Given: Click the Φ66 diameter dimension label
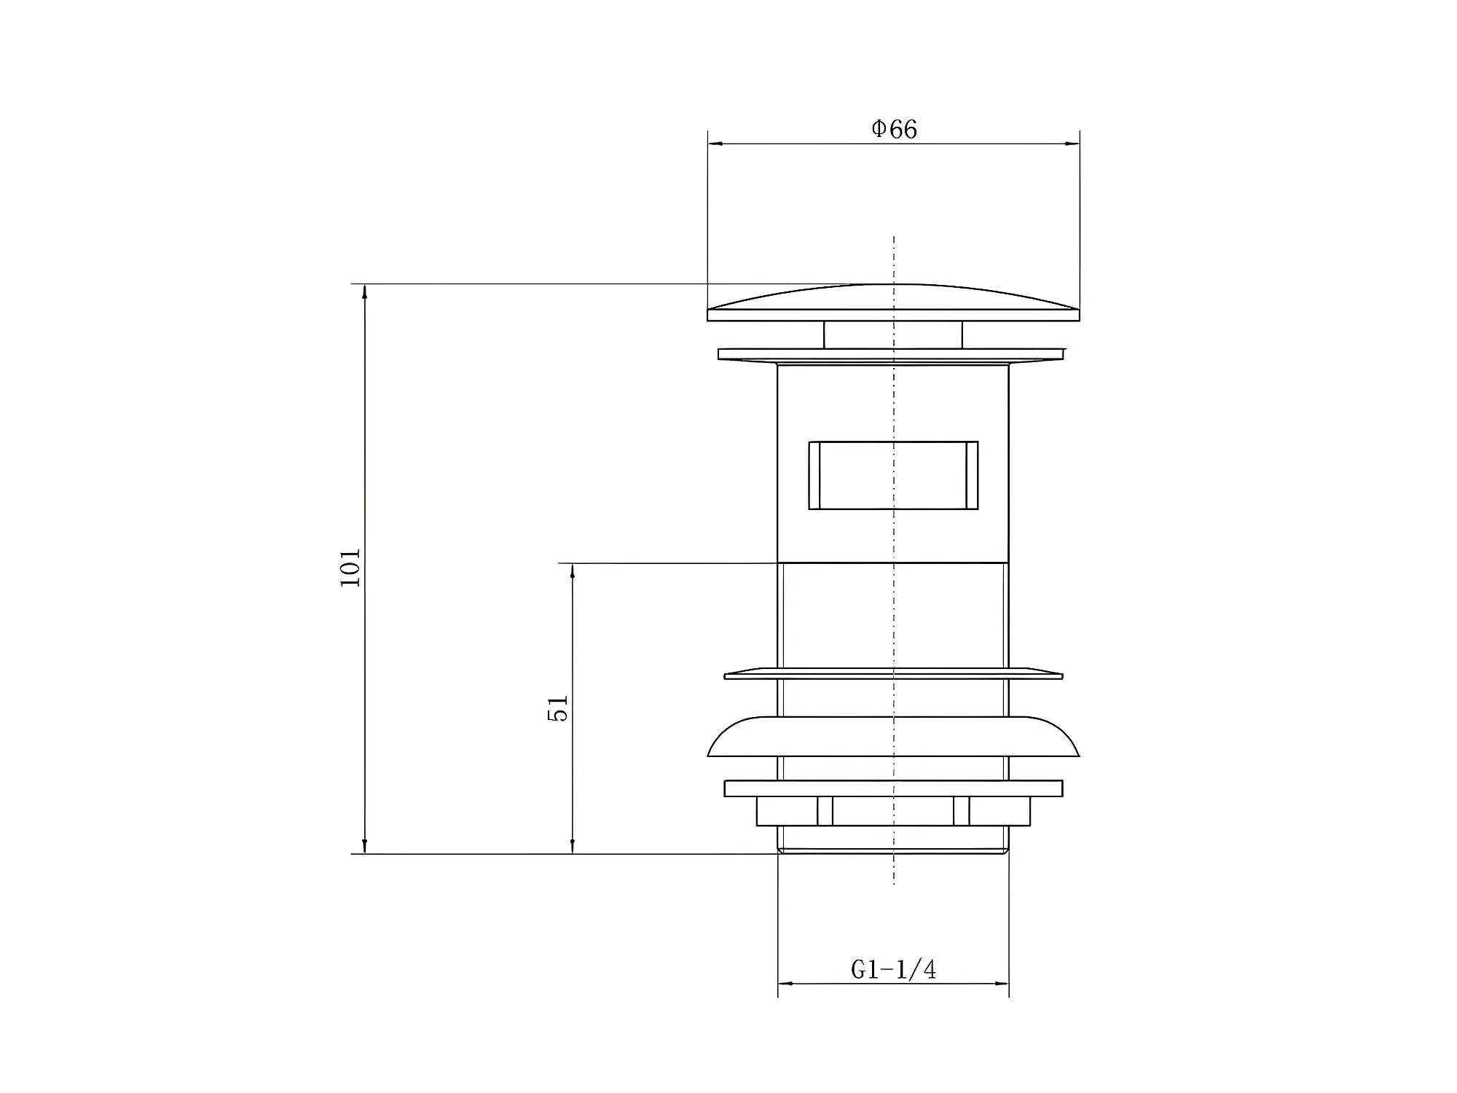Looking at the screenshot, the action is point(894,129).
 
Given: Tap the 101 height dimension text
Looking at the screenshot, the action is point(350,568).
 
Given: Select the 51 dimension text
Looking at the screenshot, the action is point(557,708).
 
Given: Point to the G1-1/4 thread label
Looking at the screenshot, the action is point(893,969).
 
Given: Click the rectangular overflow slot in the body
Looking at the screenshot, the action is point(893,475).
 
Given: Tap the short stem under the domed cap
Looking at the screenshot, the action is point(893,335).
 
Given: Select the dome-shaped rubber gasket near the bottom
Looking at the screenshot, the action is point(893,737).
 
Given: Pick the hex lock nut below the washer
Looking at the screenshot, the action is point(893,811).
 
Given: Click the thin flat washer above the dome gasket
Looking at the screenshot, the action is point(893,673).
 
